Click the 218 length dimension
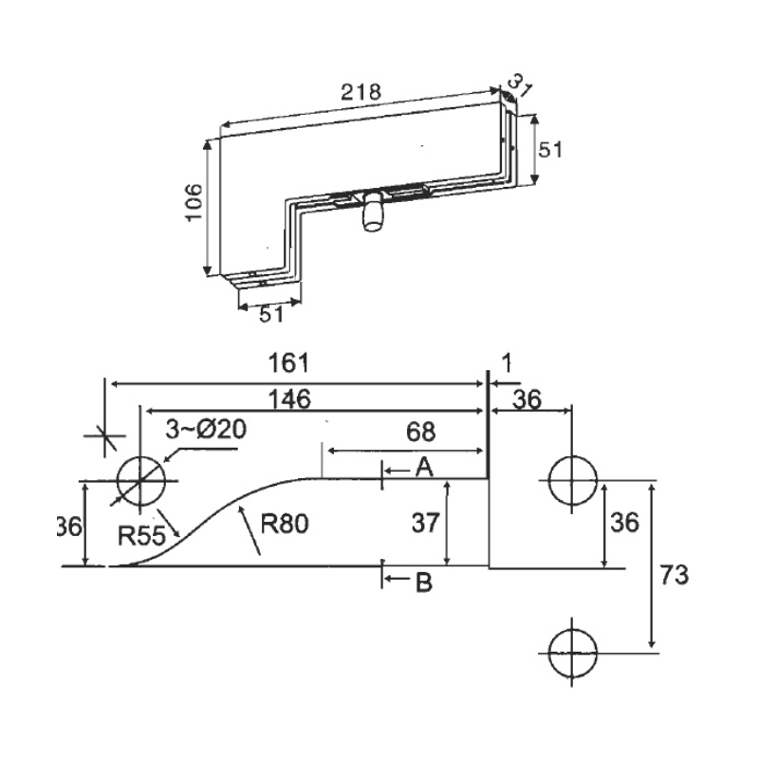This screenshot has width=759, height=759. tap(360, 92)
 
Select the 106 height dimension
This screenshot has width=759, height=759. tap(194, 201)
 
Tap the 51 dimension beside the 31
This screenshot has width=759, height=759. tap(552, 149)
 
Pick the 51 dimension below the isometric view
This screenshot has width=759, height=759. tap(271, 315)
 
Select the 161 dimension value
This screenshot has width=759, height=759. tap(289, 364)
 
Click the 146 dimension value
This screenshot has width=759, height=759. tap(288, 399)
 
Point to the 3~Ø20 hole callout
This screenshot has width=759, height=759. tap(206, 430)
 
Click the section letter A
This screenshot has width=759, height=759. tap(424, 466)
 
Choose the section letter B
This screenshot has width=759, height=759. tap(424, 583)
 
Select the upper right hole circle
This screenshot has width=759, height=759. tap(572, 480)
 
